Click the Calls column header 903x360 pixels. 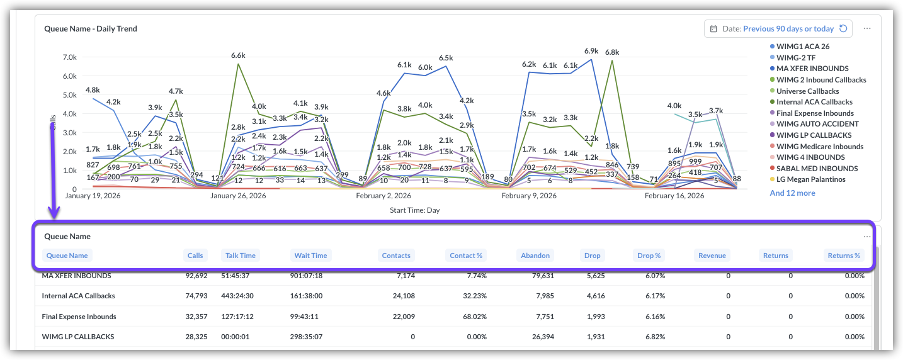tap(195, 256)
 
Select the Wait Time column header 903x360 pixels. tap(310, 256)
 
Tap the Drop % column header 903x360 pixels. tap(649, 256)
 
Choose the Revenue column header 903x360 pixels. tap(712, 256)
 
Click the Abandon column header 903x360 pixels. tap(535, 256)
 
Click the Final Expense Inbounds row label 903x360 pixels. tap(79, 317)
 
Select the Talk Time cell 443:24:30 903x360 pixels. tap(239, 296)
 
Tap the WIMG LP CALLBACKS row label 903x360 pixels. tap(78, 337)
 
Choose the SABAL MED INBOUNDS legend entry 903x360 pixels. tap(817, 169)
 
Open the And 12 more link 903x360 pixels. tap(792, 193)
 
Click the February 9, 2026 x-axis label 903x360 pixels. tap(529, 196)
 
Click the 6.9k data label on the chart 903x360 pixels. tap(591, 51)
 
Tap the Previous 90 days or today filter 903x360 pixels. tap(788, 28)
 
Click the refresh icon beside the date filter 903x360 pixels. tap(843, 28)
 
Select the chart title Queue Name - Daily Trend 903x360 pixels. tap(91, 28)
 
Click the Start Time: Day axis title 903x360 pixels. tap(414, 210)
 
